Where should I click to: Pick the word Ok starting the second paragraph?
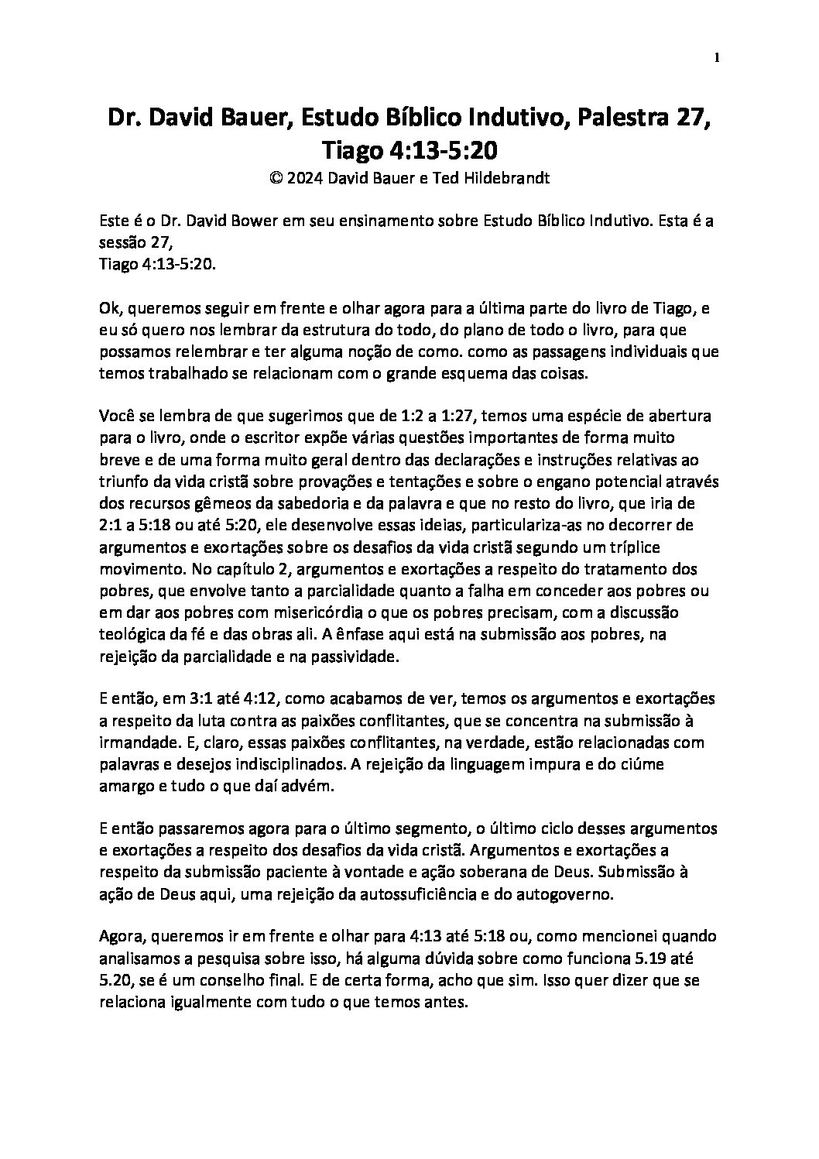pyautogui.click(x=110, y=308)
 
